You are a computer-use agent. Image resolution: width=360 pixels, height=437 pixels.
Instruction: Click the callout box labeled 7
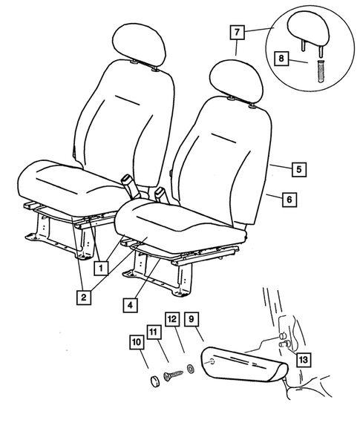pyautogui.click(x=236, y=33)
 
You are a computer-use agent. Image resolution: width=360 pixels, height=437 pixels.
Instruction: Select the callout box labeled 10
pyautogui.click(x=137, y=342)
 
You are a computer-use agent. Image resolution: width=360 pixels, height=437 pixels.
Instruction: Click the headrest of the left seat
pyautogui.click(x=139, y=46)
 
